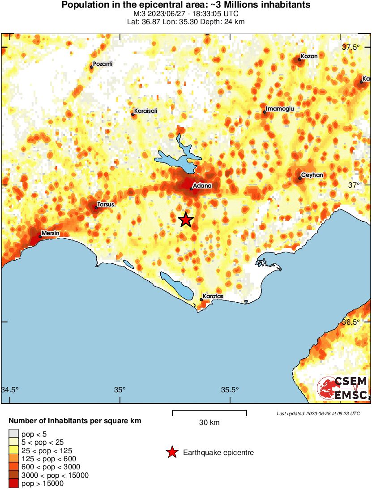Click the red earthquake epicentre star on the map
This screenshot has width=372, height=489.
[185, 219]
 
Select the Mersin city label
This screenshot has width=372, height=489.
[50, 233]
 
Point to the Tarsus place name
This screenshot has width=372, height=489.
[106, 205]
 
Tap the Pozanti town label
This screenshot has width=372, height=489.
[103, 64]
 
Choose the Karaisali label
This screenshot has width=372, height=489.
[146, 111]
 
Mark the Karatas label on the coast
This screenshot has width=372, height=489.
[213, 296]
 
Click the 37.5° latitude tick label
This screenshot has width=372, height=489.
[351, 47]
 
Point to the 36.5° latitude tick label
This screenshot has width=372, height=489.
[351, 322]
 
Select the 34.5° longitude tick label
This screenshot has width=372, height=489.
[10, 389]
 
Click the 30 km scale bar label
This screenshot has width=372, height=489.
[209, 422]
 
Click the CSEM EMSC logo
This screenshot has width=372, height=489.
[342, 388]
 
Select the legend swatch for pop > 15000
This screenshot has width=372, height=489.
[13, 483]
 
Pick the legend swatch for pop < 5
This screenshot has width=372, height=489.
[13, 434]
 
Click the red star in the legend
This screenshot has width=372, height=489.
[172, 453]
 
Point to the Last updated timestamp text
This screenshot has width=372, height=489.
[318, 413]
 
